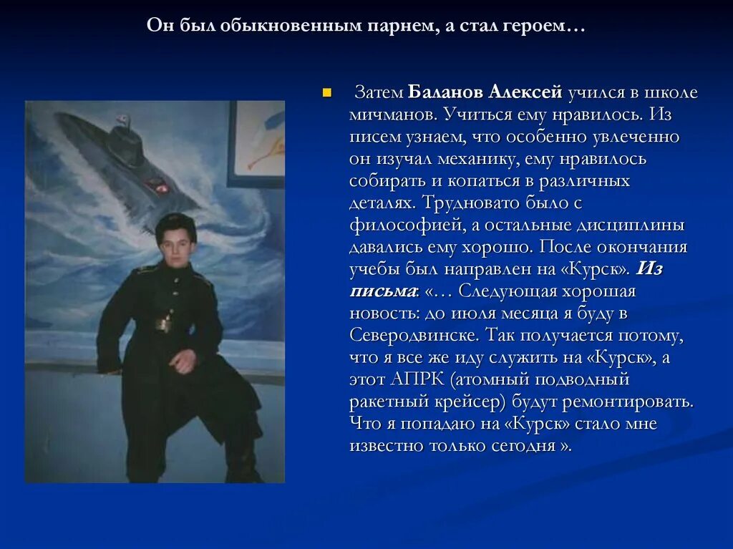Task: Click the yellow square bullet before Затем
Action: click(327, 92)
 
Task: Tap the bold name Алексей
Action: click(525, 92)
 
